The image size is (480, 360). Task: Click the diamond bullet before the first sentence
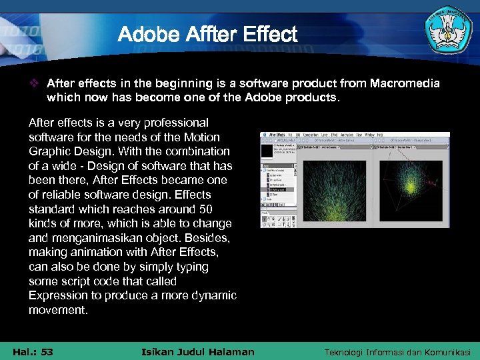point(37,83)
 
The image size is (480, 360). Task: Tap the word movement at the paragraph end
point(58,310)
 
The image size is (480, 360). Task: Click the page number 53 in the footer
point(47,352)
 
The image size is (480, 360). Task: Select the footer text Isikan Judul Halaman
point(199,352)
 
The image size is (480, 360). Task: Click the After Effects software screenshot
point(355,180)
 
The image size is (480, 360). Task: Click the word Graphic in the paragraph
point(49,151)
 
